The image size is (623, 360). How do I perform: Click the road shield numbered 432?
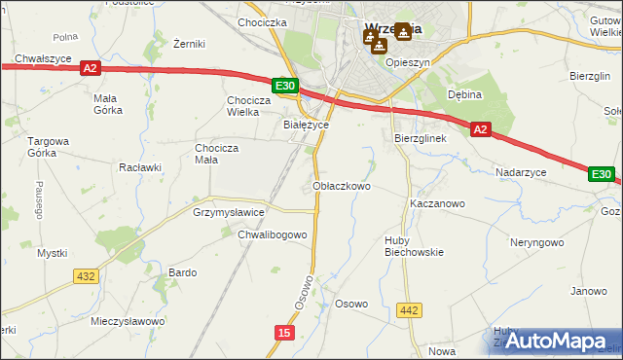click(x=86, y=276)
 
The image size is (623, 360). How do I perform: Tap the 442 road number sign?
click(x=410, y=310)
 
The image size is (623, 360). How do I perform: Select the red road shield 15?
click(x=282, y=333)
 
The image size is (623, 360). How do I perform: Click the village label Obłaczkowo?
click(x=341, y=185)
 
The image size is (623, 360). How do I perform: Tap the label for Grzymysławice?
click(x=229, y=211)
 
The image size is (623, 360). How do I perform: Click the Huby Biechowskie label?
click(x=413, y=245)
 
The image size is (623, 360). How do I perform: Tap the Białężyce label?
click(x=306, y=125)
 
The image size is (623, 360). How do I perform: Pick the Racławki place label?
click(x=139, y=166)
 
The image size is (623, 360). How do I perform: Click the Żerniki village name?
click(x=188, y=44)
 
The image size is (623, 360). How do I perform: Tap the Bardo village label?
click(x=183, y=272)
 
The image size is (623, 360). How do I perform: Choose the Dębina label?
click(x=465, y=94)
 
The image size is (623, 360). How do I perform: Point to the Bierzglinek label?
click(x=420, y=138)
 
